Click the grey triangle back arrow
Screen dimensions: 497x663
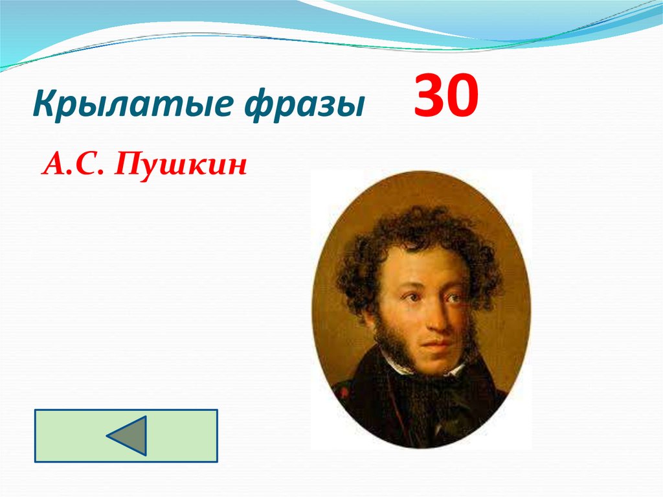coord(128,435)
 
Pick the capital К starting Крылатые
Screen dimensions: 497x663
coord(44,104)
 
